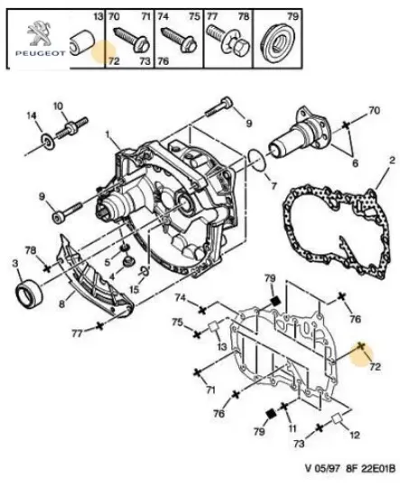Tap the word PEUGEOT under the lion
pyautogui.click(x=41, y=53)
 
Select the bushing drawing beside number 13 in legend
pyautogui.click(x=82, y=43)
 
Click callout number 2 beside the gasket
pyautogui.click(x=392, y=161)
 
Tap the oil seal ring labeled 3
pyautogui.click(x=29, y=293)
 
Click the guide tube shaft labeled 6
pyautogui.click(x=300, y=133)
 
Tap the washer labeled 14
pyautogui.click(x=49, y=141)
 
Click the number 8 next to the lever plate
pyautogui.click(x=61, y=304)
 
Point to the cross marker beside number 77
pyautogui.click(x=99, y=326)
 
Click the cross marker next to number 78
pyautogui.click(x=47, y=269)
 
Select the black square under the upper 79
pyautogui.click(x=275, y=300)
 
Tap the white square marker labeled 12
pyautogui.click(x=337, y=418)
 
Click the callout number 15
pyautogui.click(x=135, y=289)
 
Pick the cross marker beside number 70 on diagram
pyautogui.click(x=346, y=125)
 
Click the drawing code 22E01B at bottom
pyautogui.click(x=377, y=468)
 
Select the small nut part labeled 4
pyautogui.click(x=129, y=262)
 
